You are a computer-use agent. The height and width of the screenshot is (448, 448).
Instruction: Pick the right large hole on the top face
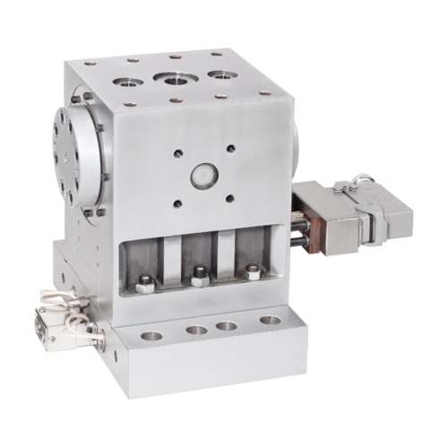[218, 75]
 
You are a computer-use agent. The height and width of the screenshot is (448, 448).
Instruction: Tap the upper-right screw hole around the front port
[231, 147]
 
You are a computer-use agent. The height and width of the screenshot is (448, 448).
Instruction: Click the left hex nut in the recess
[143, 288]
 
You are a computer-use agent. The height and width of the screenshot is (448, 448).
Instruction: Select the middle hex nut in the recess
[199, 277]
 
